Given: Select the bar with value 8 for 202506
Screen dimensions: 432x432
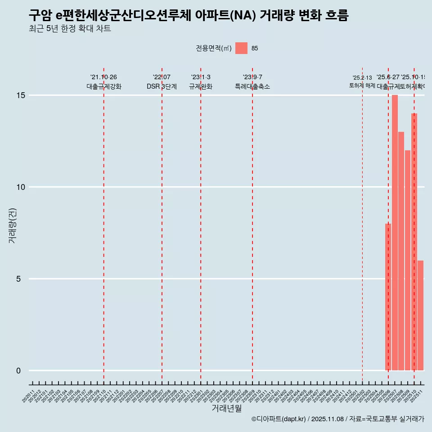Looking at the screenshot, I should pyautogui.click(x=388, y=297).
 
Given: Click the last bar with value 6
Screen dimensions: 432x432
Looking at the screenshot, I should pyautogui.click(x=420, y=315).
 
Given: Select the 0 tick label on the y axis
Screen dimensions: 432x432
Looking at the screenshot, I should pyautogui.click(x=18, y=371).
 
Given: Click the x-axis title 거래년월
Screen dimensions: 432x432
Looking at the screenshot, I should pyautogui.click(x=227, y=409).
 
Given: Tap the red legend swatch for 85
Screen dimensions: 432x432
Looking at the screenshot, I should pyautogui.click(x=241, y=48).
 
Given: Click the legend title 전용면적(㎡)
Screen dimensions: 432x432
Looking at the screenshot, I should pyautogui.click(x=214, y=49).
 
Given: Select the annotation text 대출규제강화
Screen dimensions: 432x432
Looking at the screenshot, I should pyautogui.click(x=104, y=86).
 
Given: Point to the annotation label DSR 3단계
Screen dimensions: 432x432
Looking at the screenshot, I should pyautogui.click(x=162, y=86).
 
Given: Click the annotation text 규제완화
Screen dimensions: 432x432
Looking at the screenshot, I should pyautogui.click(x=201, y=86).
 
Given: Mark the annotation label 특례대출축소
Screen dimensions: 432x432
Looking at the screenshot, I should pyautogui.click(x=252, y=86).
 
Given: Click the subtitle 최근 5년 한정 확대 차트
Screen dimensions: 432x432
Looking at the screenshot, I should pyautogui.click(x=70, y=29).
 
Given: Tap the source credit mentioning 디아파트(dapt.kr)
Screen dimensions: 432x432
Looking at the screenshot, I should pyautogui.click(x=337, y=419).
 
